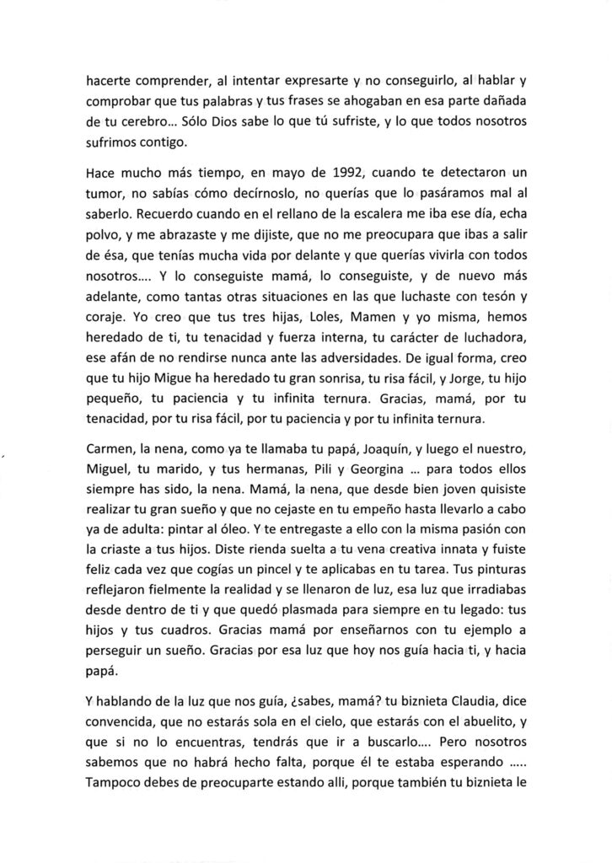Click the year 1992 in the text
346,174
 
